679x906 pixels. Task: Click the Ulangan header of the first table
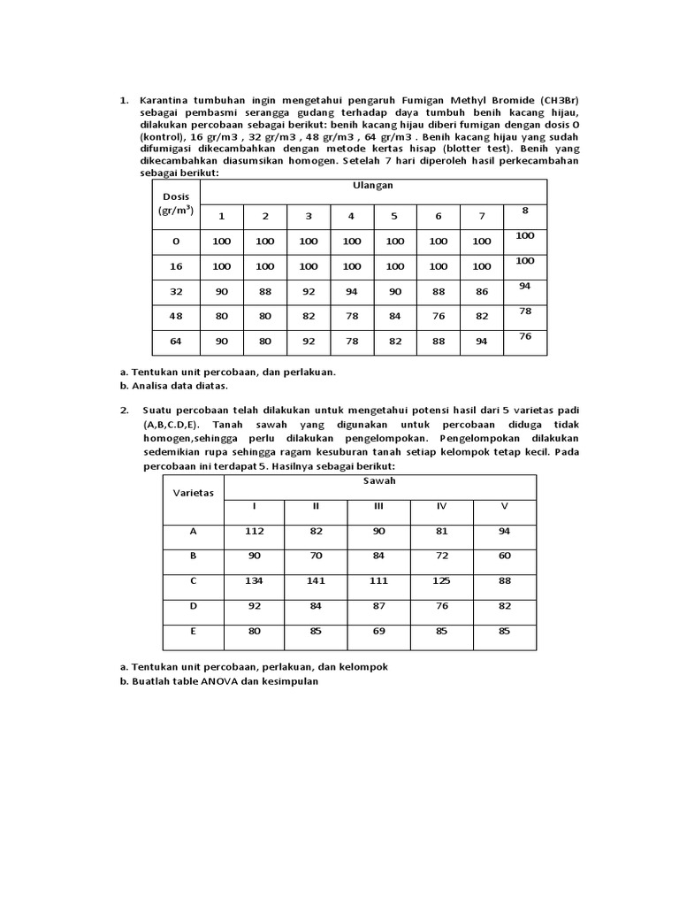372,185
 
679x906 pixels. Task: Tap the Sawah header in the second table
379,480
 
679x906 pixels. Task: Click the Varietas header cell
193,493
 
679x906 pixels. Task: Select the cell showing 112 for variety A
255,531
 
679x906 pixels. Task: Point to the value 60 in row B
504,556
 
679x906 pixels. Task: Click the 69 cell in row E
378,632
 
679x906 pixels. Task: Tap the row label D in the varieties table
193,606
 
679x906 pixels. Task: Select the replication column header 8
524,211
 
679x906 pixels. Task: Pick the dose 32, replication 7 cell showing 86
481,290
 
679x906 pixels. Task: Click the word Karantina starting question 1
167,100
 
